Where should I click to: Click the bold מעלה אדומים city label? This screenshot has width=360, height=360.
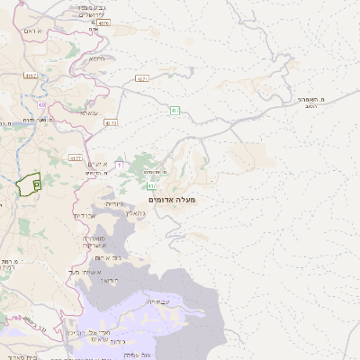point(173,198)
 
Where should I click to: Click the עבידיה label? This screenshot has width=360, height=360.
point(148,302)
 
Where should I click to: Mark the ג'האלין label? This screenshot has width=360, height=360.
point(134,212)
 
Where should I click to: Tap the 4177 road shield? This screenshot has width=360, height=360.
point(110,121)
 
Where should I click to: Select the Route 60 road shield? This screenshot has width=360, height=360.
point(42,104)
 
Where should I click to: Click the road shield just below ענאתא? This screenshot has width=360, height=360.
point(110,121)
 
